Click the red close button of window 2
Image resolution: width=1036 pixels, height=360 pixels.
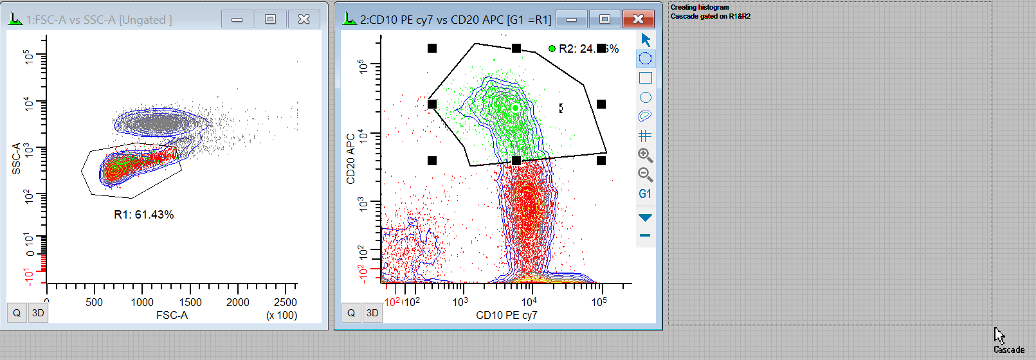(638, 19)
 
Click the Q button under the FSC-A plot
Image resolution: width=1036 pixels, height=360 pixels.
(17, 313)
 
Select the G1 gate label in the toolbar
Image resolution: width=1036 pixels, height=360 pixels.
(645, 194)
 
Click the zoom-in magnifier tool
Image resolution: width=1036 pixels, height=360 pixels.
(645, 155)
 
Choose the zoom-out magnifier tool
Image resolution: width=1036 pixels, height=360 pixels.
(645, 174)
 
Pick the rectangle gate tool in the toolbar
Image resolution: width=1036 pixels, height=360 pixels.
(645, 78)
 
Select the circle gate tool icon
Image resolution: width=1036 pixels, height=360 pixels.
(645, 97)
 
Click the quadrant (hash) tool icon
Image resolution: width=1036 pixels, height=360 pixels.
(645, 136)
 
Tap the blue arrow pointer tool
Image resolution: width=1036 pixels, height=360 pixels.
(646, 40)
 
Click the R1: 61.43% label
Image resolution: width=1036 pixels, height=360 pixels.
(143, 215)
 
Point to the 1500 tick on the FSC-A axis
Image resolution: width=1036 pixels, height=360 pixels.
(190, 302)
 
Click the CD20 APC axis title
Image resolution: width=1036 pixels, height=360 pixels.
(350, 159)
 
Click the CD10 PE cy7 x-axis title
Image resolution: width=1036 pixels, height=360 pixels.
(506, 315)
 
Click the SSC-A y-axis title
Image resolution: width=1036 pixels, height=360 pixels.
(16, 159)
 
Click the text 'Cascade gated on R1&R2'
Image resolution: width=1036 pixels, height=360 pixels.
(710, 16)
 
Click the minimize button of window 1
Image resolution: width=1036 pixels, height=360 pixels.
(237, 19)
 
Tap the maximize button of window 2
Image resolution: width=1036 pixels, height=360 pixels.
(604, 19)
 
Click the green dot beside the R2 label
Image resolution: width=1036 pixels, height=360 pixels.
(552, 48)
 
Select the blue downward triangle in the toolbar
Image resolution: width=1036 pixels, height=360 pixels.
(645, 217)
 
